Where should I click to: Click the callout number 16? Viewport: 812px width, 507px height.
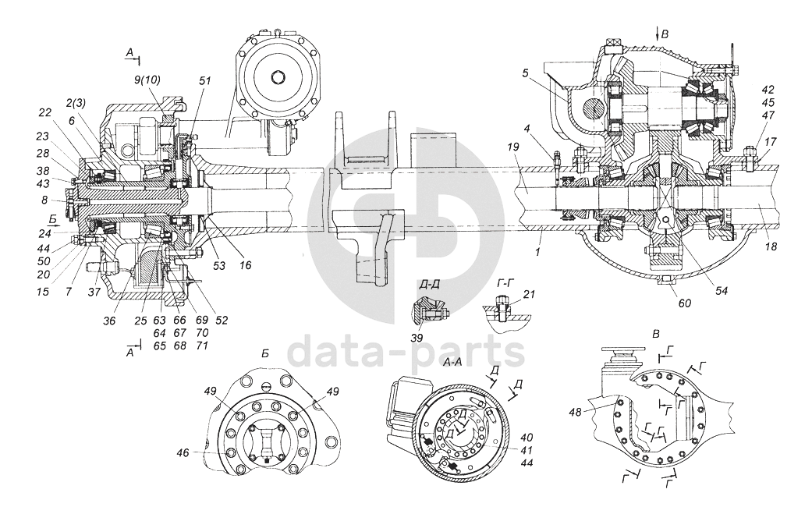(246, 266)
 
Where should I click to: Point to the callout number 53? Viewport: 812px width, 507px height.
(219, 266)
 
